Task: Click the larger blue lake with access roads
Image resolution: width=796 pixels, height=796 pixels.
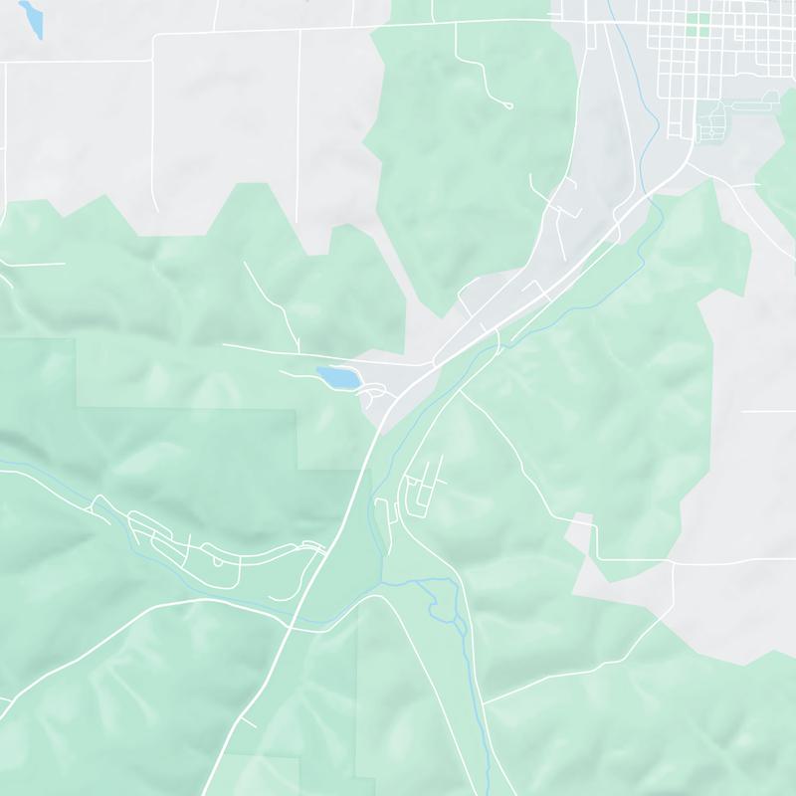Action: [x=337, y=377]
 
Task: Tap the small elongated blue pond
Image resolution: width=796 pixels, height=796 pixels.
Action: [x=33, y=20]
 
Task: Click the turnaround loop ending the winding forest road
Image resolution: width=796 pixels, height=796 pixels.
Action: [x=508, y=104]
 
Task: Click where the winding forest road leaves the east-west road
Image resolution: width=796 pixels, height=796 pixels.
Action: [x=457, y=24]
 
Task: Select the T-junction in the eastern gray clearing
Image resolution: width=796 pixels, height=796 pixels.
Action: [x=674, y=562]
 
